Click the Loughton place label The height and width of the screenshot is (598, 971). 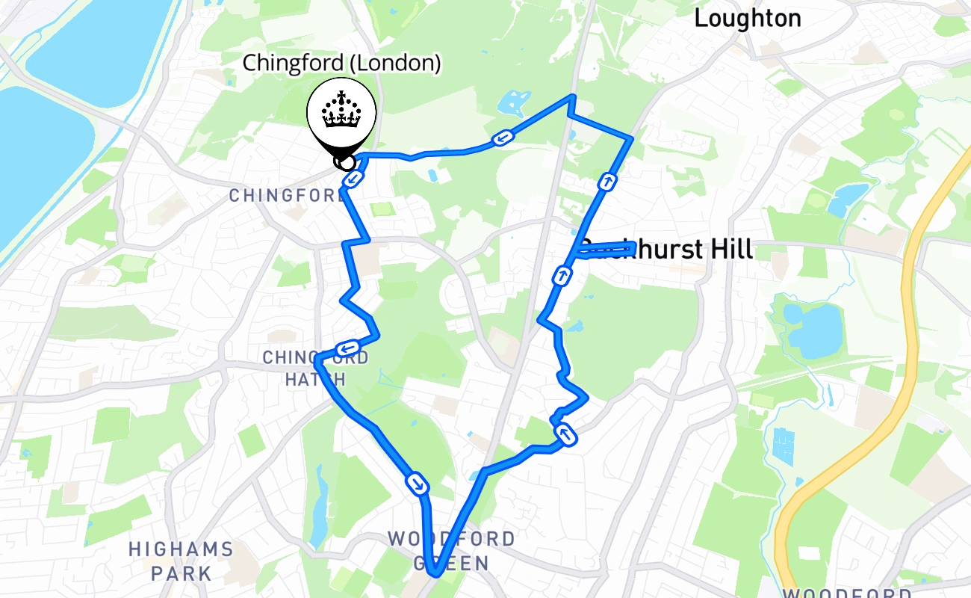click(x=747, y=19)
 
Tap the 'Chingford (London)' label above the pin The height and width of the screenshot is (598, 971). click(x=342, y=64)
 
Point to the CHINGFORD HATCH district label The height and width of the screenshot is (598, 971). click(x=315, y=369)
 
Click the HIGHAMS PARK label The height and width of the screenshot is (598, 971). click(x=181, y=561)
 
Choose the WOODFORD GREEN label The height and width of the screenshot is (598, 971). click(x=451, y=550)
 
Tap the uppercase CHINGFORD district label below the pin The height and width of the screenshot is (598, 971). click(x=288, y=196)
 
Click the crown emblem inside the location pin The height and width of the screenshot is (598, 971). click(x=341, y=112)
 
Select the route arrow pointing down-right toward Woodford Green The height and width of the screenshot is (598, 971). click(x=418, y=484)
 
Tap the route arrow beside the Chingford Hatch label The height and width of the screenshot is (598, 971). click(x=348, y=348)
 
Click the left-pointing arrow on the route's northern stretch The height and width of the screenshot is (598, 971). click(x=503, y=138)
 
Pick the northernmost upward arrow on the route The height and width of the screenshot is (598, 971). click(x=607, y=182)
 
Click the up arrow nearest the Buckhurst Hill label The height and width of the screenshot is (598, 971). click(x=562, y=277)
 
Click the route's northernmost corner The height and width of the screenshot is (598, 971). click(x=572, y=96)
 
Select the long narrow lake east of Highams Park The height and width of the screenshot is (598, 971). click(x=320, y=505)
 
